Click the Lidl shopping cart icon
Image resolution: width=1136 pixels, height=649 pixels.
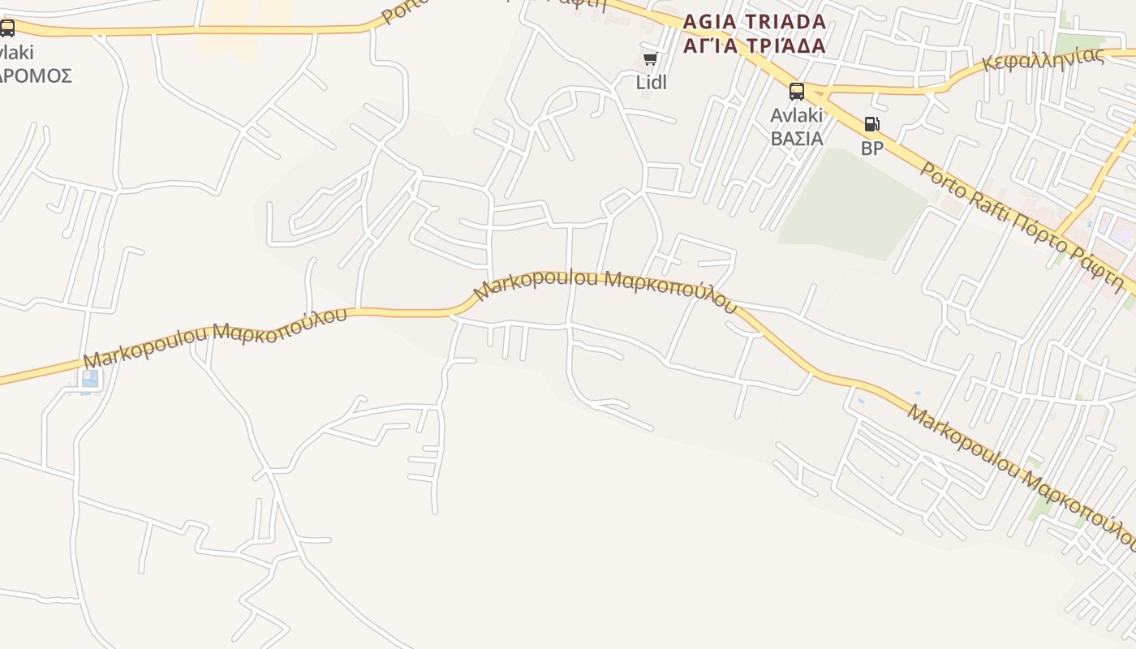(650, 59)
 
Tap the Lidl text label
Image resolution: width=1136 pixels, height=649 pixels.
(651, 82)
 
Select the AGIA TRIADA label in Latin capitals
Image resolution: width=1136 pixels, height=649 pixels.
(755, 21)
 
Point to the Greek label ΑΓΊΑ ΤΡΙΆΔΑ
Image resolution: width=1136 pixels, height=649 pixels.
(755, 45)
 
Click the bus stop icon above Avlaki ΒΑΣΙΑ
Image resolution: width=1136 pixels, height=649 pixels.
(797, 91)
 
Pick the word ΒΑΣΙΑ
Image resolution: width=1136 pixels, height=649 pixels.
(797, 138)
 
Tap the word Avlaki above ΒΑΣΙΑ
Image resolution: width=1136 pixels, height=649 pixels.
(797, 115)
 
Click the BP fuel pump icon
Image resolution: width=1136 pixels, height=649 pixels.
(871, 125)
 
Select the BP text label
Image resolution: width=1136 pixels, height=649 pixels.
(872, 148)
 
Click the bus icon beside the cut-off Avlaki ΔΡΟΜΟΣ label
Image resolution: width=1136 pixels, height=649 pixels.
(7, 29)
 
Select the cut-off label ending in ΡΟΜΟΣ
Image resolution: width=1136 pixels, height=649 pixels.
(36, 76)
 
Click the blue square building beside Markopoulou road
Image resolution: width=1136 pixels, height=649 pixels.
(90, 379)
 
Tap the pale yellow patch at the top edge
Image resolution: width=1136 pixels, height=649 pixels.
(243, 24)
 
